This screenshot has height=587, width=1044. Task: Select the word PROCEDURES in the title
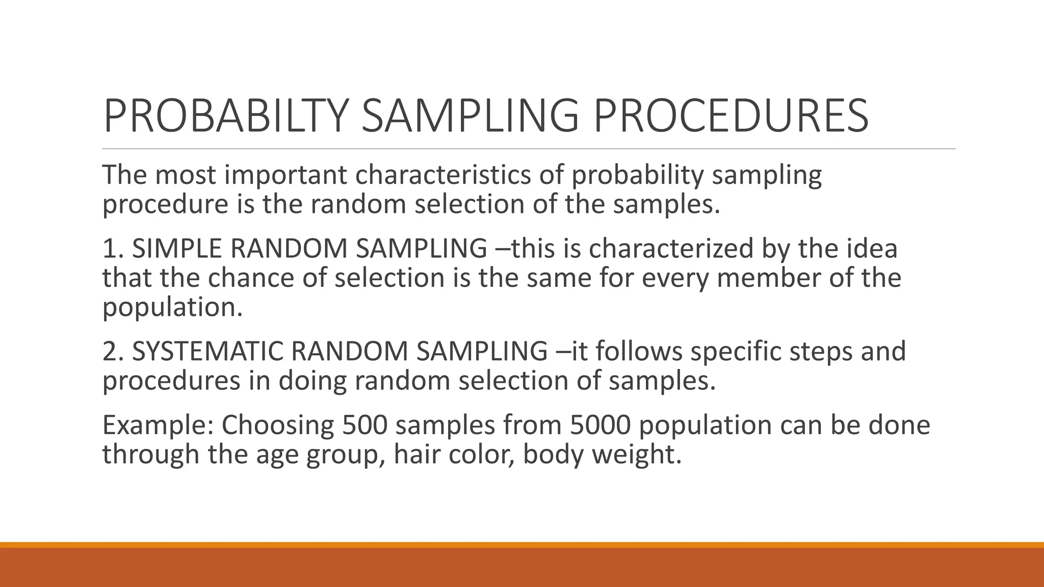(730, 116)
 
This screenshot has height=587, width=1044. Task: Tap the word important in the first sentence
(285, 175)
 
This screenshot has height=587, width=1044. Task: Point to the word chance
(251, 278)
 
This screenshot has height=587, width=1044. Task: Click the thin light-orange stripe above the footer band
(522, 545)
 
